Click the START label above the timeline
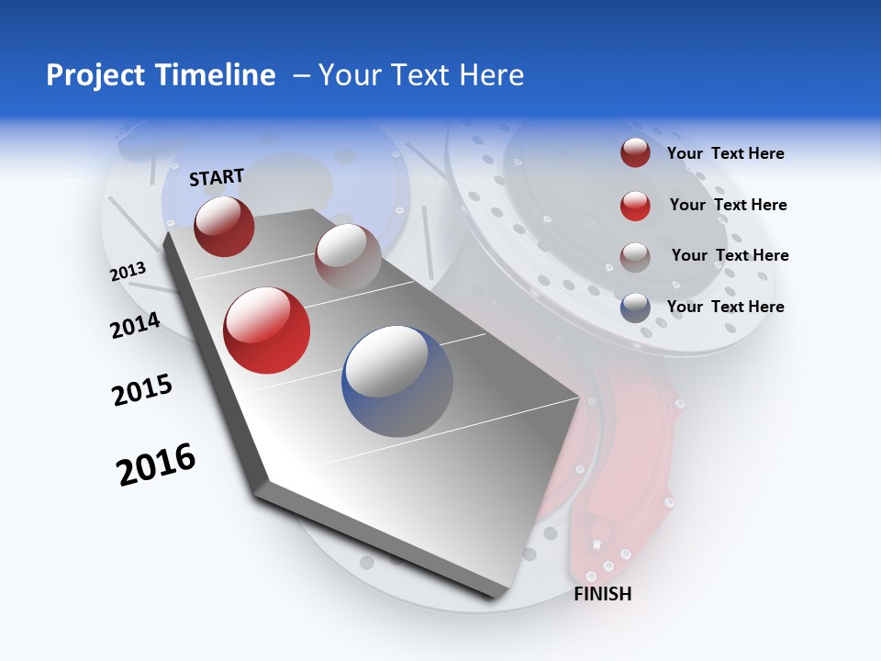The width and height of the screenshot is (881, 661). point(217,177)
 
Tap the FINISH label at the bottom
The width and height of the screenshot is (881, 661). point(602,594)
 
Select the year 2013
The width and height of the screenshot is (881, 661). point(128,272)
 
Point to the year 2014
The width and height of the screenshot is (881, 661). point(135,325)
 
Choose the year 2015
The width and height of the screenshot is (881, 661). point(142,389)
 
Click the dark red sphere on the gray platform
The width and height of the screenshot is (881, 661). point(224,226)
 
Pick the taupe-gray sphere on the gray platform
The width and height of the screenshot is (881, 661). point(348,256)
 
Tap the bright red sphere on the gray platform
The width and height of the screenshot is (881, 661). point(267,330)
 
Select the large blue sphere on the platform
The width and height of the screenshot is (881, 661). point(397,381)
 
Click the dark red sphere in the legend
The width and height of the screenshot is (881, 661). point(635,152)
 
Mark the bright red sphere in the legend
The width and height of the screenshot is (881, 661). point(635,205)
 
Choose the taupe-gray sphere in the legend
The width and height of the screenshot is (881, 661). point(635,256)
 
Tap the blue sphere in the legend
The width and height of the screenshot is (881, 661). point(635,308)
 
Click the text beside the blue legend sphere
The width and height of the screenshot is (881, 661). point(725,307)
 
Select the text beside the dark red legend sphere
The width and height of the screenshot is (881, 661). point(725,153)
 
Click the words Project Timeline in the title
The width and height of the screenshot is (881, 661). point(161,75)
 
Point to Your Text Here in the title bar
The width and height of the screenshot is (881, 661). point(420,75)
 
